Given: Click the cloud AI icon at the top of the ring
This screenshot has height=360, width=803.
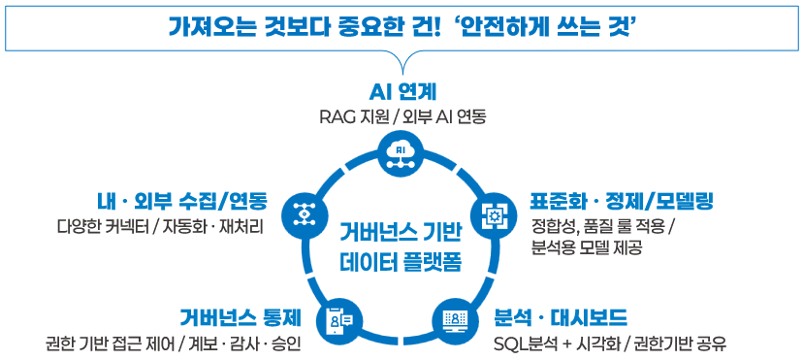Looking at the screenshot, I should tap(401, 153).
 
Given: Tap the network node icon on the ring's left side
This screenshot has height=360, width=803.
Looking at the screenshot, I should tap(299, 211).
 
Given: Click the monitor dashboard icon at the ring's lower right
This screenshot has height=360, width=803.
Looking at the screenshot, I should tap(455, 318).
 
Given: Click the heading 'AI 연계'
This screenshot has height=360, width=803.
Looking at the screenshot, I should tap(402, 93).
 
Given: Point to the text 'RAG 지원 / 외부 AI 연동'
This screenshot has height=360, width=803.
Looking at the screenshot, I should tap(402, 116).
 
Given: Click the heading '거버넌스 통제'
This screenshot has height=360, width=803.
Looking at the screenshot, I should tap(241, 317).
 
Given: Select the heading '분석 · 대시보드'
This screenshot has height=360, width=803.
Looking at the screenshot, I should tap(561, 317).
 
